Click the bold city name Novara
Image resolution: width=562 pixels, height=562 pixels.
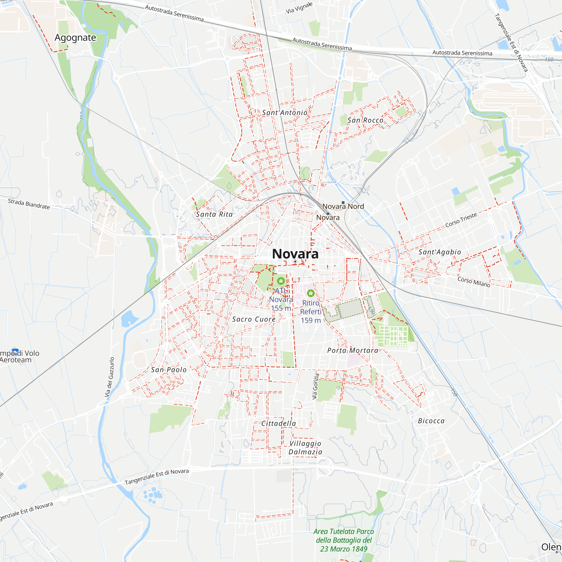point(295,254)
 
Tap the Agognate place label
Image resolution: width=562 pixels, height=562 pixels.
point(75,38)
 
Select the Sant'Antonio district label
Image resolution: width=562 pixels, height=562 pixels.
point(284,113)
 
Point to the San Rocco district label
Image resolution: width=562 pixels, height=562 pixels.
point(365,120)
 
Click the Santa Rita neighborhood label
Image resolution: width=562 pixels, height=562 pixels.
point(214,214)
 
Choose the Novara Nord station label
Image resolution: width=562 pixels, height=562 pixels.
point(343,206)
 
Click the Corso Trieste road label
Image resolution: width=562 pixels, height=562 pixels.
point(461,220)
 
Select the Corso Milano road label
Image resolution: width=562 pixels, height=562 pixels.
point(474,282)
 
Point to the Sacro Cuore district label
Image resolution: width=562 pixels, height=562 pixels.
point(254,319)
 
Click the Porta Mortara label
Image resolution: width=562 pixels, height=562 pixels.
point(353,350)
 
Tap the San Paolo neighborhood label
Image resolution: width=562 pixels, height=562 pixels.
point(169,370)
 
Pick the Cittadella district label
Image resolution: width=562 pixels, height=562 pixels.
point(278,423)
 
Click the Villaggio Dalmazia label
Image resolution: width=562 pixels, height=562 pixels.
point(305,448)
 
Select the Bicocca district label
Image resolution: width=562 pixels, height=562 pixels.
point(431,421)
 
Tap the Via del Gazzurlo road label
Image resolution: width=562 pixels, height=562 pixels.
point(109,377)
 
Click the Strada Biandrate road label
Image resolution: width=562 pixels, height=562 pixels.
point(28,204)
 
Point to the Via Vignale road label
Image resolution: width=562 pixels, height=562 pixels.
point(299,8)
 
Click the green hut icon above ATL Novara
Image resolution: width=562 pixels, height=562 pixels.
point(281,281)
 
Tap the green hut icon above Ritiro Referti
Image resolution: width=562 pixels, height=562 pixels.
point(311,293)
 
